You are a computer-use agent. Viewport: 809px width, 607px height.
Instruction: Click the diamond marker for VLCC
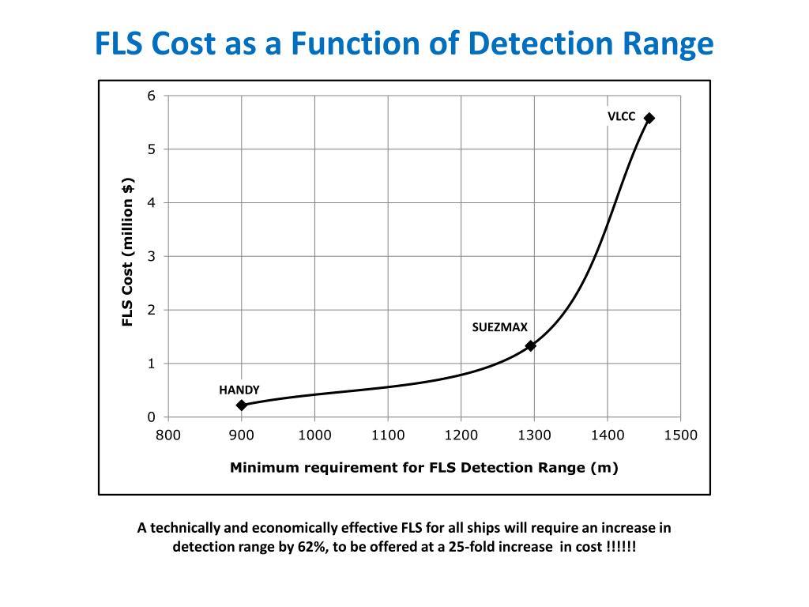tap(649, 118)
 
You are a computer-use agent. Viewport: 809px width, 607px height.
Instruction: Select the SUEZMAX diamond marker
tap(531, 345)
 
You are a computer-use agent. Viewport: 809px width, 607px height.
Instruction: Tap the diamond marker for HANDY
tap(242, 405)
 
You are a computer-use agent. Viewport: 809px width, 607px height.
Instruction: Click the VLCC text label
tap(621, 116)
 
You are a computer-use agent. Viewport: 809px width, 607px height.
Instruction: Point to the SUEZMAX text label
tap(499, 326)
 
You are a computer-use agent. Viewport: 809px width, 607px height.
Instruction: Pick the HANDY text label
tap(239, 390)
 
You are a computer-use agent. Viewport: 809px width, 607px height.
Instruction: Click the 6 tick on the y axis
tap(152, 96)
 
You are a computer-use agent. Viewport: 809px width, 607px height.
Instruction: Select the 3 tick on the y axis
tap(152, 256)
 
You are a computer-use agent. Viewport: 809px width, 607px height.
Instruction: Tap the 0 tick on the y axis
tap(152, 417)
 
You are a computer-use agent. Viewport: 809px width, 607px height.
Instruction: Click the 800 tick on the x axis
tap(168, 435)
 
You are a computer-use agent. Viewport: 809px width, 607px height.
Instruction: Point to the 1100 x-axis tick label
tap(388, 435)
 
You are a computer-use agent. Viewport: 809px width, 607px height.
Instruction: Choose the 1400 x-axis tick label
tap(608, 435)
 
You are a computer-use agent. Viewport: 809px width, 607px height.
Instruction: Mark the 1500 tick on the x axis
tap(680, 435)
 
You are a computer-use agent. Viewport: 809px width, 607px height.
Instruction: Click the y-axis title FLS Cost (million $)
tap(127, 252)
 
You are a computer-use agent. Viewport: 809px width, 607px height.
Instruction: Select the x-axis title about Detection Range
tap(423, 467)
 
